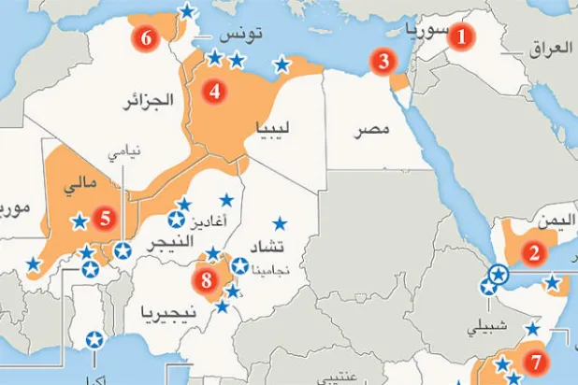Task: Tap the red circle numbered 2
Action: [x=535, y=251]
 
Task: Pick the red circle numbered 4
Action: [x=215, y=92]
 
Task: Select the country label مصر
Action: [x=371, y=129]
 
